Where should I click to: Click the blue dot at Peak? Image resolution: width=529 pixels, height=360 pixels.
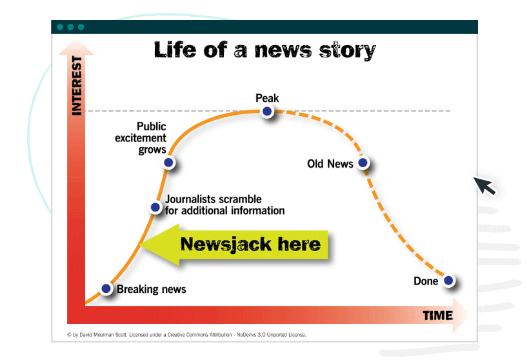pyautogui.click(x=267, y=111)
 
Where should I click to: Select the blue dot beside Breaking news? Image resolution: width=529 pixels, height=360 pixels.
pyautogui.click(x=106, y=288)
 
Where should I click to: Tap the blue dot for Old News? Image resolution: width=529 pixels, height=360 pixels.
pyautogui.click(x=363, y=163)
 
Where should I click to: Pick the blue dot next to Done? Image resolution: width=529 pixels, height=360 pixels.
pyautogui.click(x=448, y=281)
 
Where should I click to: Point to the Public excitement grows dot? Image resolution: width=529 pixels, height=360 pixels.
pyautogui.click(x=168, y=163)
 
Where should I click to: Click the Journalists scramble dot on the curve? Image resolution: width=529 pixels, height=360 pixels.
pyautogui.click(x=155, y=207)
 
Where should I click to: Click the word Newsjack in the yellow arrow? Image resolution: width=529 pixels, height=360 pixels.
pyautogui.click(x=226, y=245)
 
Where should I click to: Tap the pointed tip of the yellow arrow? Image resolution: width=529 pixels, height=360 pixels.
pyautogui.click(x=140, y=245)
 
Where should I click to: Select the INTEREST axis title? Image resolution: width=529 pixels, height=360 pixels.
pyautogui.click(x=77, y=86)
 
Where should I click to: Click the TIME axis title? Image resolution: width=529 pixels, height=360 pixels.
pyautogui.click(x=437, y=315)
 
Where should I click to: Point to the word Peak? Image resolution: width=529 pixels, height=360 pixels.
pyautogui.click(x=267, y=98)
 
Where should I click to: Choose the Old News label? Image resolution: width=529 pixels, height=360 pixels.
pyautogui.click(x=330, y=164)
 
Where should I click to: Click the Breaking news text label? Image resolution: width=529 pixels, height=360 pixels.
pyautogui.click(x=152, y=290)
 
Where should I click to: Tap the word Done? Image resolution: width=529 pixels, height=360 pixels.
pyautogui.click(x=426, y=281)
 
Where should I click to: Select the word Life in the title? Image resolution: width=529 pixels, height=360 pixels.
pyautogui.click(x=175, y=50)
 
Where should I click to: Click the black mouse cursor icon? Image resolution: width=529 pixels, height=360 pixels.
pyautogui.click(x=484, y=186)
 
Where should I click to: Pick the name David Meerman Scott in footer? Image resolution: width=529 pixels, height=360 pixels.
pyautogui.click(x=103, y=335)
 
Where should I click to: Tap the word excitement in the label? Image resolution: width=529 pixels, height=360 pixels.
pyautogui.click(x=141, y=138)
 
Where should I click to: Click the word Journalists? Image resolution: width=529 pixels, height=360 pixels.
pyautogui.click(x=190, y=199)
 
